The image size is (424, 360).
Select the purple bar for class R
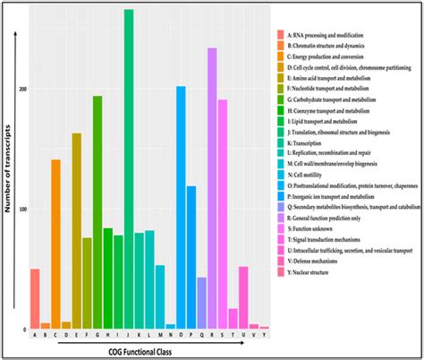coord(212,189)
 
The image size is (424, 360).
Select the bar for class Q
coord(201,304)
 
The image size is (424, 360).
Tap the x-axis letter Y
coord(264,337)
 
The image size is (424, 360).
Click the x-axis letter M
coord(160,337)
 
